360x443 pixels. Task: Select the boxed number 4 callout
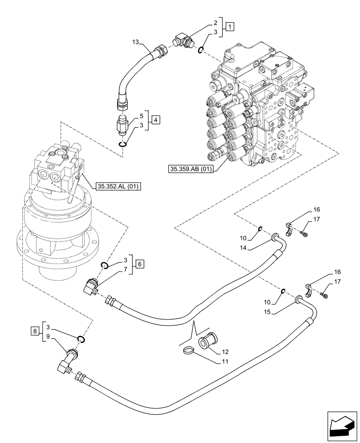pos(155,119)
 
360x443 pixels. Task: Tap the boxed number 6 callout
pos(140,264)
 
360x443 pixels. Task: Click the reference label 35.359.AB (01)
pos(190,169)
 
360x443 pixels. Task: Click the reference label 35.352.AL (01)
pos(117,187)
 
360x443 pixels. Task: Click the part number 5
pos(141,116)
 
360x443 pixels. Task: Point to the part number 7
pos(126,269)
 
